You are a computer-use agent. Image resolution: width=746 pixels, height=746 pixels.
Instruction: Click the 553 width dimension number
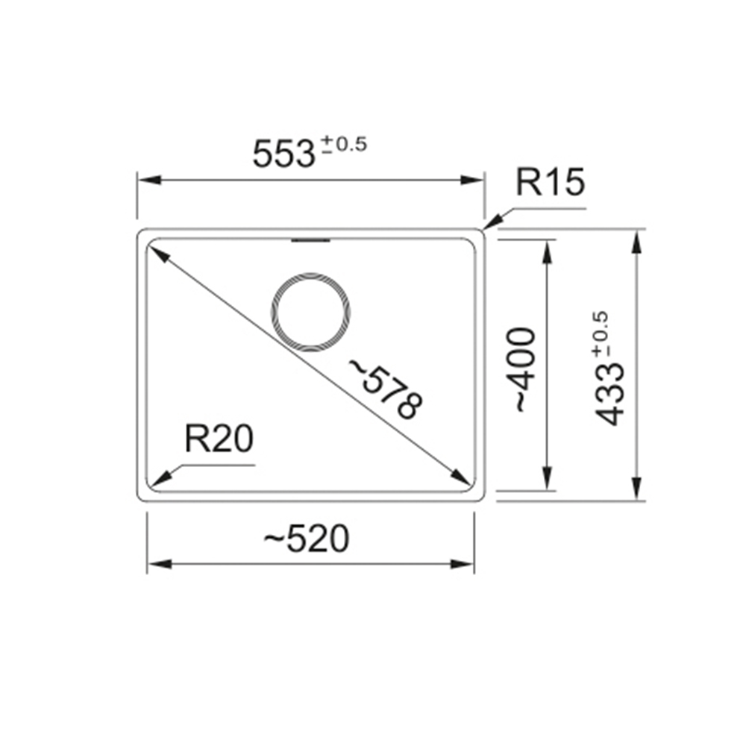click(283, 154)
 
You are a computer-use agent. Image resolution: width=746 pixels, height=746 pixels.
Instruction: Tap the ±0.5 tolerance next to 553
click(344, 144)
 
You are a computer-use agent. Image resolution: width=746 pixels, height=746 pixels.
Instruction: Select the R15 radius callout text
click(550, 182)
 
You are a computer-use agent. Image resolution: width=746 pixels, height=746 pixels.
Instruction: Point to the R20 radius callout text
click(219, 439)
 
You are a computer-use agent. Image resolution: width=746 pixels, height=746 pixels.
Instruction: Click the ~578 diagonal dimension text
click(386, 389)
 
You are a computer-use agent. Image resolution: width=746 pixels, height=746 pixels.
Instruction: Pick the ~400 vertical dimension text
click(521, 369)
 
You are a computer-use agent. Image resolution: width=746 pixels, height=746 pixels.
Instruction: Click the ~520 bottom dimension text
click(307, 539)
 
